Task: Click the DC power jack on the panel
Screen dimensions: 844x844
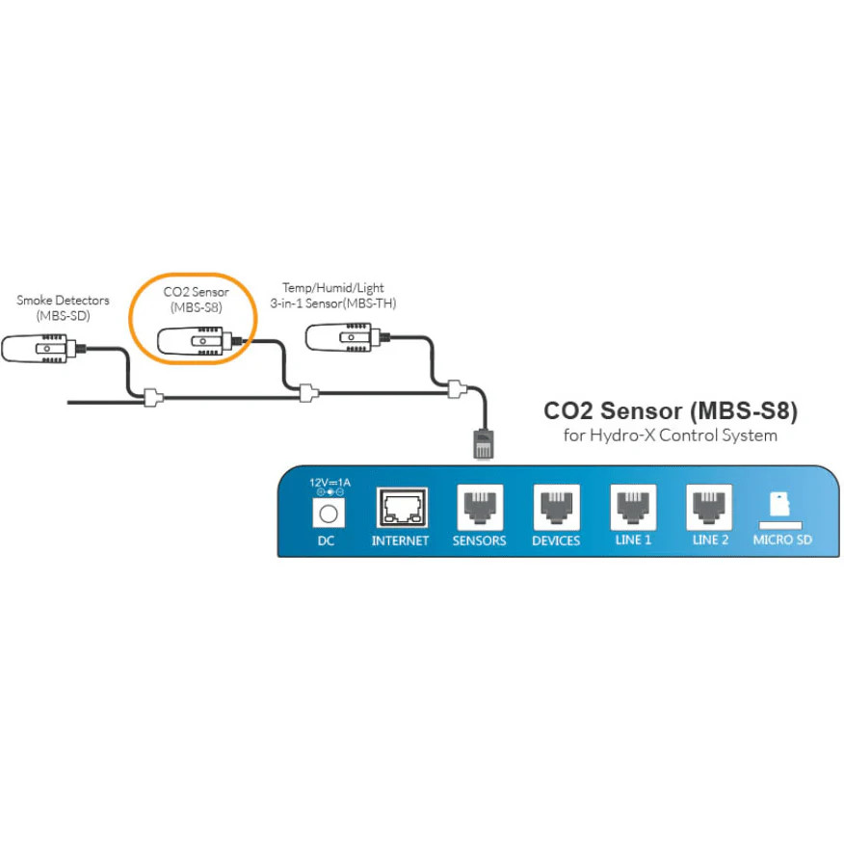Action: coord(326,513)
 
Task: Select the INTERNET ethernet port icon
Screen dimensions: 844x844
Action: coord(401,507)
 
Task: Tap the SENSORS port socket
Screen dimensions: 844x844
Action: coord(479,507)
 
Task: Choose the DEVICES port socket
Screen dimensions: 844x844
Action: coord(556,507)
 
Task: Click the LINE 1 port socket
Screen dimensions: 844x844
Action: coord(633,507)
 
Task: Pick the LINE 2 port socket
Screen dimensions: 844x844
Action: coord(710,507)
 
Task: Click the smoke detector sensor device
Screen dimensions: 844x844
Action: coord(40,348)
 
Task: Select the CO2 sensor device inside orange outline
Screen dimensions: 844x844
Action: coord(192,340)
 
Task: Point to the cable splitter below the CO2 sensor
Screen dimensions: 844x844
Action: coord(305,392)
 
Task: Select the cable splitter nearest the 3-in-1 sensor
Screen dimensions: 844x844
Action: coord(456,389)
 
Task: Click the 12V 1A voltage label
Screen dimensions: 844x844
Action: coord(326,482)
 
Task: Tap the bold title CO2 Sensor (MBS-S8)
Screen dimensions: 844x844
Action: coord(671,411)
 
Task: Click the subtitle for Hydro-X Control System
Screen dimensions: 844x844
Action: coord(671,436)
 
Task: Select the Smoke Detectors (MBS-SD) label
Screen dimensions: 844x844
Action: coord(63,307)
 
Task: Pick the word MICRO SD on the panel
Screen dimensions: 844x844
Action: coord(782,541)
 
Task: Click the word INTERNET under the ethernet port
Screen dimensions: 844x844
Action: coord(401,541)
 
